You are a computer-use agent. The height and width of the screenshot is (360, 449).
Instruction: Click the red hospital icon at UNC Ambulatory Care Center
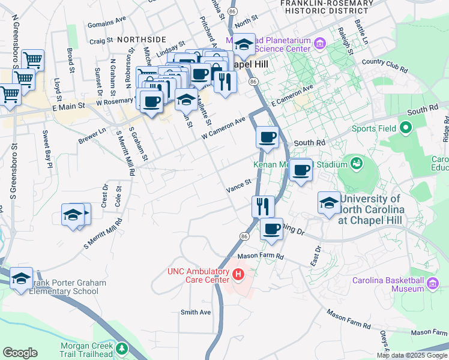[238, 276]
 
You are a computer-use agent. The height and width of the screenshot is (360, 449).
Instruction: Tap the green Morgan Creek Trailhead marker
[122, 348]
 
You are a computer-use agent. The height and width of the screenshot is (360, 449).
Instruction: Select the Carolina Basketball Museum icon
[433, 283]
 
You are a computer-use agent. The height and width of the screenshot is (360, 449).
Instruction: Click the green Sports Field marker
[405, 128]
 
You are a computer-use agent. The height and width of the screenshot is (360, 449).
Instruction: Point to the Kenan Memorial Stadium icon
[357, 164]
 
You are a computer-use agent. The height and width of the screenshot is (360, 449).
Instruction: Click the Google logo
[20, 353]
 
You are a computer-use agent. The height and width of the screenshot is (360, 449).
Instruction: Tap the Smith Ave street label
[196, 313]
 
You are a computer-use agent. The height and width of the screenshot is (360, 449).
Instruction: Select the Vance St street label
[238, 187]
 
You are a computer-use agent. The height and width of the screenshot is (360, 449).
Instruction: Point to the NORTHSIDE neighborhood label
[142, 39]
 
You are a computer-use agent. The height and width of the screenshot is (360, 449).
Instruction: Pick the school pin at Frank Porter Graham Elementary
[21, 278]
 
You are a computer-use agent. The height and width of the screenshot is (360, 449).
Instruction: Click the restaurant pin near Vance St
[262, 206]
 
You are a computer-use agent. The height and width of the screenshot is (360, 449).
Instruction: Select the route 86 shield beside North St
[232, 11]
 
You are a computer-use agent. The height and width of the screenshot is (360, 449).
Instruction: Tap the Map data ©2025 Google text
[412, 355]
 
